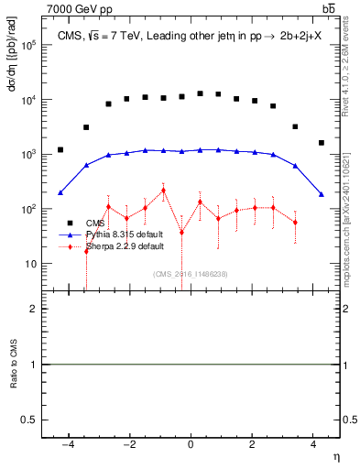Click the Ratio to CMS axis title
click(14, 364)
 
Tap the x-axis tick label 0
click(191, 445)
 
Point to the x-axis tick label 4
click(313, 445)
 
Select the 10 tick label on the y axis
click(29, 264)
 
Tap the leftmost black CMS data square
click(60, 149)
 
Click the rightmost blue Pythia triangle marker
click(321, 193)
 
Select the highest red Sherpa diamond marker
click(163, 191)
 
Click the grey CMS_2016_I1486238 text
click(191, 273)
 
